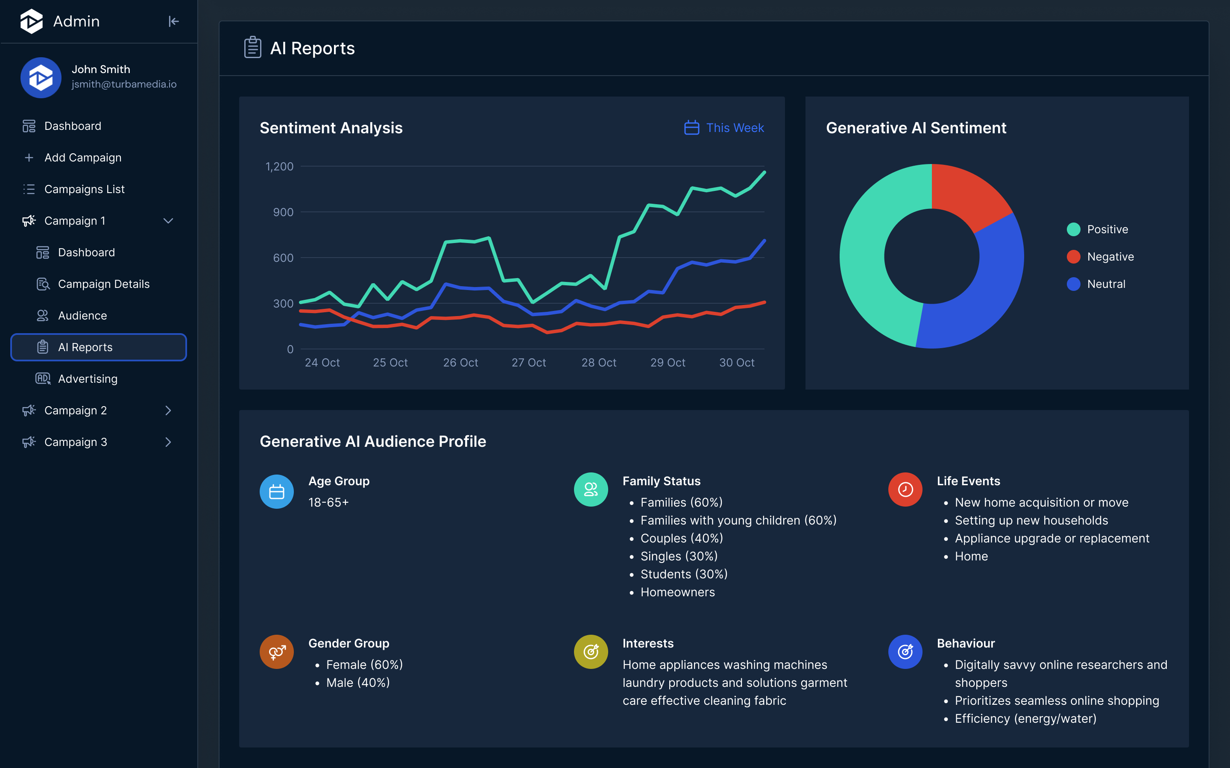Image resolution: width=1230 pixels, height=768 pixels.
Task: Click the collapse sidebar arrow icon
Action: pyautogui.click(x=173, y=21)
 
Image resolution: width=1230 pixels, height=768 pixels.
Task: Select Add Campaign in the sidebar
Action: pyautogui.click(x=83, y=158)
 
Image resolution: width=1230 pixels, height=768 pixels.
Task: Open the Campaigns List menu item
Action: pyautogui.click(x=84, y=189)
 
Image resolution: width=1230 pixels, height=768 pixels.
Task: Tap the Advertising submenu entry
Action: pyautogui.click(x=88, y=379)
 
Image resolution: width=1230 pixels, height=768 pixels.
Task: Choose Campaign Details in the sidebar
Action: pyautogui.click(x=104, y=284)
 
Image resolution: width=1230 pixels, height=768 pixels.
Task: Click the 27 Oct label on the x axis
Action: pyautogui.click(x=529, y=363)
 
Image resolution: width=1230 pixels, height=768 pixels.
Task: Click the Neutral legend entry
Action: pyautogui.click(x=1106, y=284)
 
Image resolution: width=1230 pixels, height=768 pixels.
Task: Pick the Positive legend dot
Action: pyautogui.click(x=1073, y=229)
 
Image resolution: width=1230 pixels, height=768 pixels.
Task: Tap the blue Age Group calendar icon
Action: pyautogui.click(x=277, y=492)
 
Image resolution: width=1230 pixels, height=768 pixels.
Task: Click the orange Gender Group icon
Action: pyautogui.click(x=277, y=652)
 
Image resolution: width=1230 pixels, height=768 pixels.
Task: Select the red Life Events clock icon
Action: pyautogui.click(x=905, y=490)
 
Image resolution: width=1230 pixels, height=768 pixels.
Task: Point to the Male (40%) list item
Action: pyautogui.click(x=358, y=683)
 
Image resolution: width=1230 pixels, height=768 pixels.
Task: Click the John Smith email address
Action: pyautogui.click(x=124, y=84)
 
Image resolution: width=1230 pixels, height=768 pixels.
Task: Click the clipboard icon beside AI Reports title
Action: pyautogui.click(x=252, y=48)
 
